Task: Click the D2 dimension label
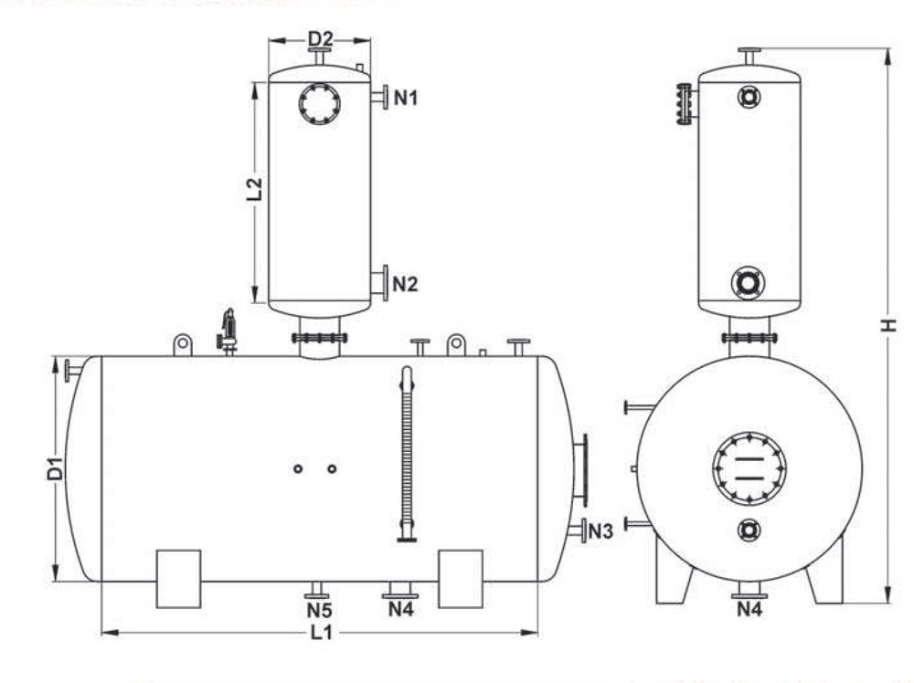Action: coord(320,38)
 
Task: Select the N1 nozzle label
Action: coord(405,97)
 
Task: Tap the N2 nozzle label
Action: coord(405,284)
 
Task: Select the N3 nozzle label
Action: coord(601,531)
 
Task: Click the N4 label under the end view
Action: coord(750,609)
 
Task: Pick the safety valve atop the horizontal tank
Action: coord(228,331)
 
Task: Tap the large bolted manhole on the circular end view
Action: coord(749,467)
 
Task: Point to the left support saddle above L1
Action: coord(178,578)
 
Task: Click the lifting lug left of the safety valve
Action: coord(183,344)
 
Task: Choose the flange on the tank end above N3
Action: coord(579,471)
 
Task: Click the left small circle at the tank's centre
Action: coord(298,468)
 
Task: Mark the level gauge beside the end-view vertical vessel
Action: coord(683,103)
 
